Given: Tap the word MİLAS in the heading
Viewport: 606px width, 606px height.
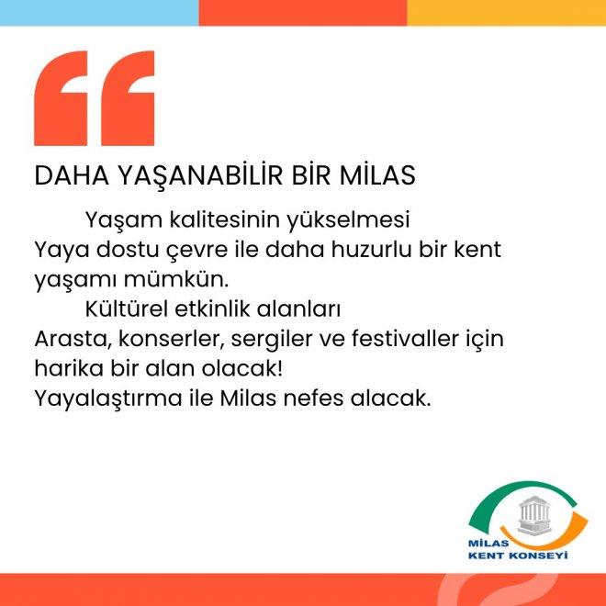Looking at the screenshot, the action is click(x=377, y=175).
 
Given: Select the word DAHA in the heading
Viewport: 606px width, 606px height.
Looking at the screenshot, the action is click(x=72, y=176).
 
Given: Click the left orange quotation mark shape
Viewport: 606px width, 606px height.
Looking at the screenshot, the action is click(x=61, y=98).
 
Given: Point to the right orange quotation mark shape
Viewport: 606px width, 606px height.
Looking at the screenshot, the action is click(x=128, y=98).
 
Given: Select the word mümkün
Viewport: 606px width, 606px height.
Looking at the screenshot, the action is click(x=176, y=279).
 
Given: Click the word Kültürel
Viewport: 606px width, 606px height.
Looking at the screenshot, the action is click(x=127, y=309).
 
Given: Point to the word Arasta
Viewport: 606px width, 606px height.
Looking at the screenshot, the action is click(x=73, y=339).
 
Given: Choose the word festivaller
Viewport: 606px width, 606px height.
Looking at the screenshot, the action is click(x=405, y=339).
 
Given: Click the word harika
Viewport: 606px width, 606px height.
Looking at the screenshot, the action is click(x=69, y=368).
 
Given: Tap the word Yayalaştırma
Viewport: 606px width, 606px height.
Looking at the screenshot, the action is click(x=108, y=399).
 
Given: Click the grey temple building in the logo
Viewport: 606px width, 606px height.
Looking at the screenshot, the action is click(x=534, y=516).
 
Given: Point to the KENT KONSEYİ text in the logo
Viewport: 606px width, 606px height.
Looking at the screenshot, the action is click(x=518, y=556).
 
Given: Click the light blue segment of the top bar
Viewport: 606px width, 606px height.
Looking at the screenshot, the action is click(x=99, y=13).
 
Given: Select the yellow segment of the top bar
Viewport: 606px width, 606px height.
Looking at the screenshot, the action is click(x=506, y=13).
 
